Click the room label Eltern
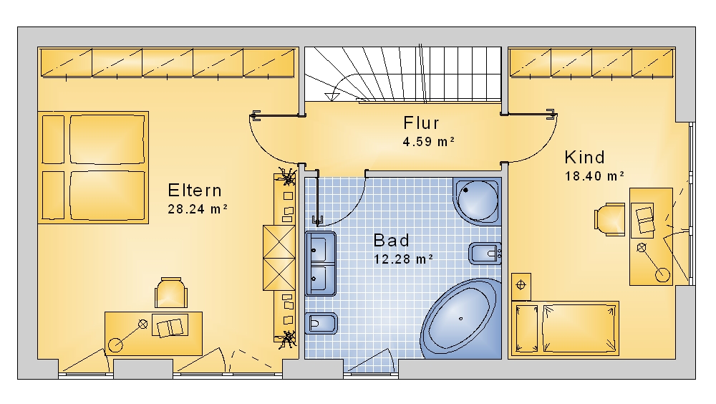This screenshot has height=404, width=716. pos(195,190)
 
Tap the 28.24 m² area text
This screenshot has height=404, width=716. pos(198,209)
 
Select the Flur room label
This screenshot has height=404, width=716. pos(421,123)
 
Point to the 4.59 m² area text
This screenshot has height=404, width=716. pos(428,142)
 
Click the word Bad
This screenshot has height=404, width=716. pos(392,241)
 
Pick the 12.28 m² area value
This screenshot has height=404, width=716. pos(403,259)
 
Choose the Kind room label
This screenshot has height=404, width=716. pos(584,157)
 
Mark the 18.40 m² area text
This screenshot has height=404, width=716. pos(594,176)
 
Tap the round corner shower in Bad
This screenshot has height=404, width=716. pos(477,201)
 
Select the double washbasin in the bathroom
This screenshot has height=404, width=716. pos(321,263)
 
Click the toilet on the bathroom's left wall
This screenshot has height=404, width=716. pos(321,324)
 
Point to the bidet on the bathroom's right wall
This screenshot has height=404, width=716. pos(485,253)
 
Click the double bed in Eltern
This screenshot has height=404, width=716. pos(93,168)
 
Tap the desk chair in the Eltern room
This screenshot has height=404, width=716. pos(171,293)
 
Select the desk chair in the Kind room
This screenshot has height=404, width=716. pos(609,219)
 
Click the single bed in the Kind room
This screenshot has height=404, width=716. pos(566,328)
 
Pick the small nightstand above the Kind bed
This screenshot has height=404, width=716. pos(521,287)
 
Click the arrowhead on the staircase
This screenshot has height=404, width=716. pos(332,95)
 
